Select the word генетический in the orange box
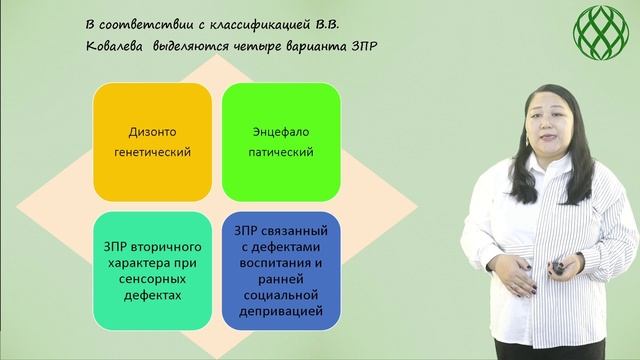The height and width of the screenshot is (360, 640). tap(153, 153)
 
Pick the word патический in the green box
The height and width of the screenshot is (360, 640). tap(280, 153)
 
